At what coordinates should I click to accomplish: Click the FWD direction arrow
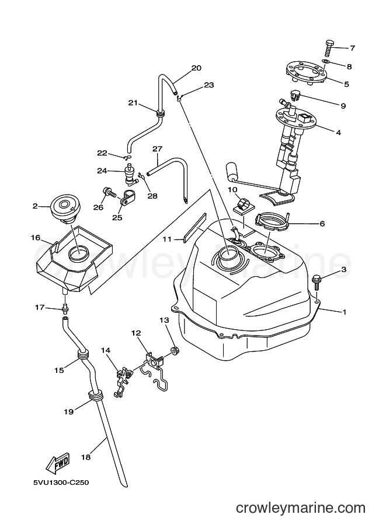click(x=58, y=463)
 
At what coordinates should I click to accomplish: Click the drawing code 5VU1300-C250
click(x=61, y=482)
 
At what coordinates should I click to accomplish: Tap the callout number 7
click(x=352, y=48)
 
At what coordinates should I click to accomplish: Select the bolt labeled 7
click(x=329, y=48)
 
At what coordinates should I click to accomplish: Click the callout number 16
click(x=36, y=238)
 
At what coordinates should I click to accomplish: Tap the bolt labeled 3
click(x=317, y=282)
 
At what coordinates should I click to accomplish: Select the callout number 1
click(x=345, y=312)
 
